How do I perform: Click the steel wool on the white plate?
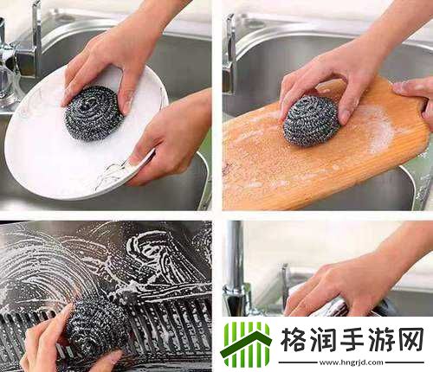[94, 112]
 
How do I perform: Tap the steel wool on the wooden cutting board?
[311, 120]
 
